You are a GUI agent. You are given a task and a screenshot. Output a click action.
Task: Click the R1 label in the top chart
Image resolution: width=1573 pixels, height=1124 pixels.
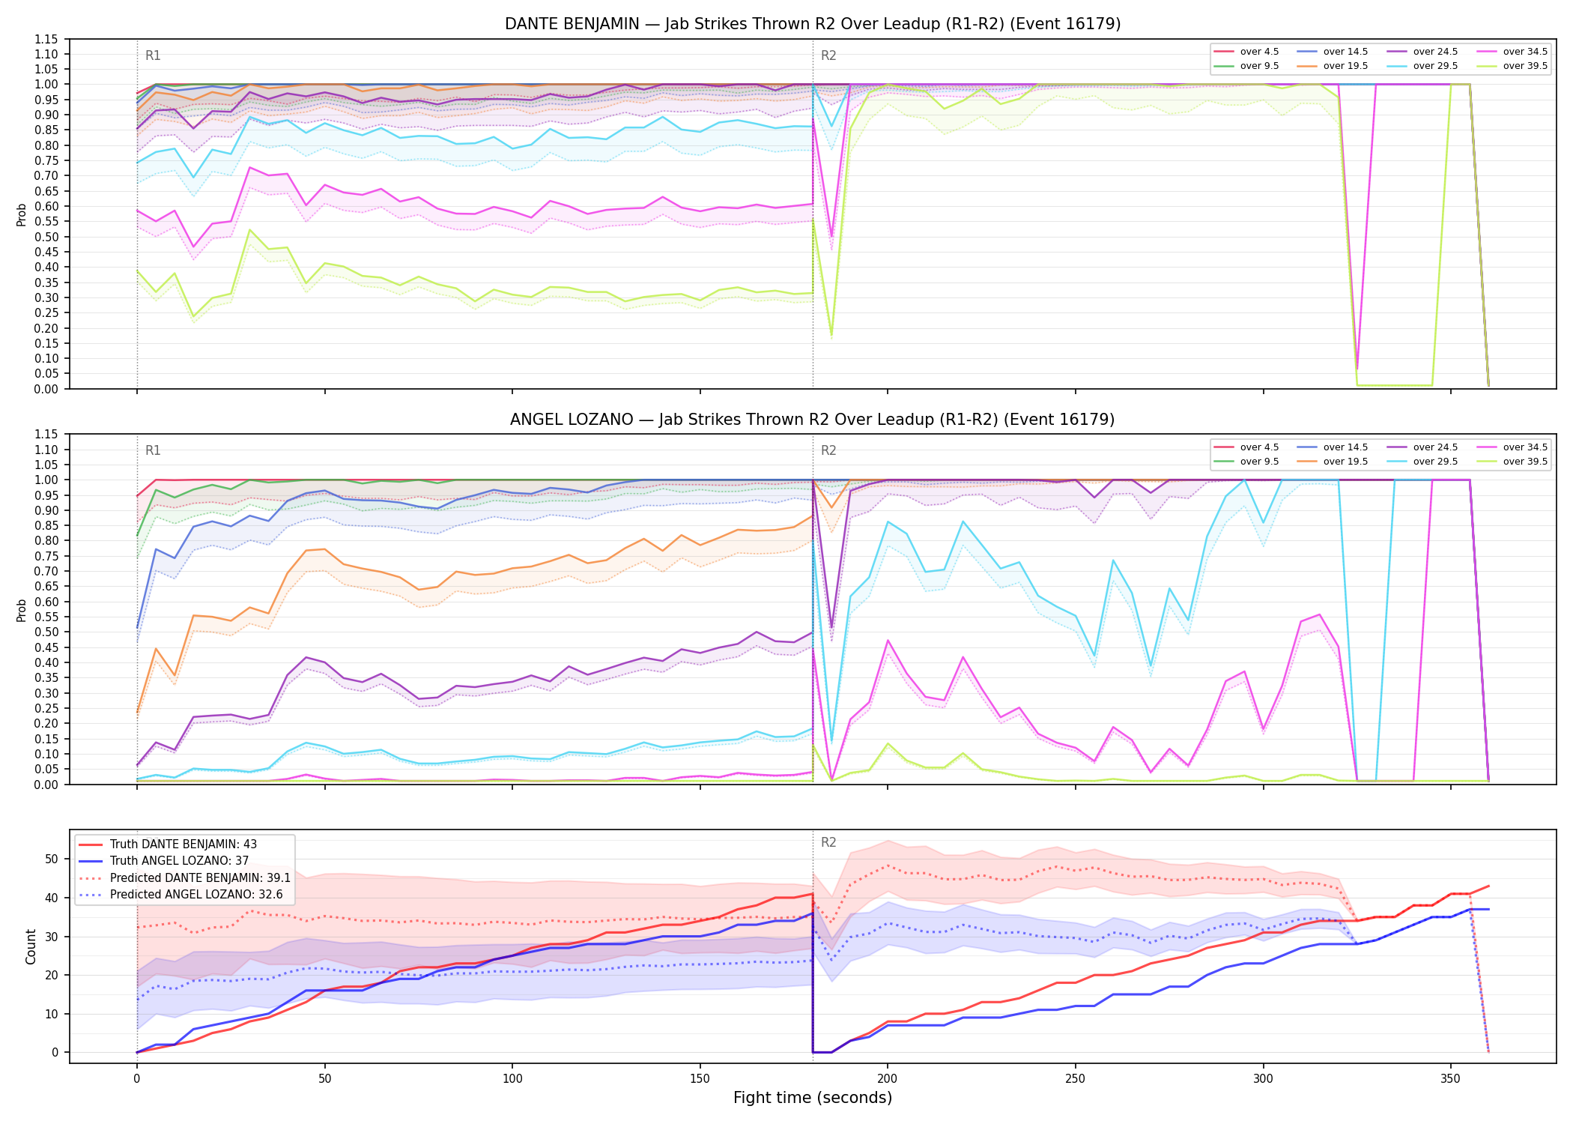coord(153,55)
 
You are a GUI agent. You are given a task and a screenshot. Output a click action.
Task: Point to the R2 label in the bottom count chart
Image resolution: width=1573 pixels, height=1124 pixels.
coord(828,842)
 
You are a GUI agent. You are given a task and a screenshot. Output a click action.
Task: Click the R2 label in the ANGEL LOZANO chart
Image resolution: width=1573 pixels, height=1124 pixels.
coord(828,450)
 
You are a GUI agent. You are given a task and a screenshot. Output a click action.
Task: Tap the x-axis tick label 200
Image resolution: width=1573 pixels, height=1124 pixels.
coord(888,1079)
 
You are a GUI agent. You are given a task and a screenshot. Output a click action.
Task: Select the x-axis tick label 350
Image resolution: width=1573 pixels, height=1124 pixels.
coord(1451,1079)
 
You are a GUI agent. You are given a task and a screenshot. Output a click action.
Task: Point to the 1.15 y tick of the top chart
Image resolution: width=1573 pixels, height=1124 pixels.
coord(46,39)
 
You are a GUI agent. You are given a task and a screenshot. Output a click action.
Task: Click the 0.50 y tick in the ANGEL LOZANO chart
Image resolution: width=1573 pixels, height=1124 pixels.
coord(46,632)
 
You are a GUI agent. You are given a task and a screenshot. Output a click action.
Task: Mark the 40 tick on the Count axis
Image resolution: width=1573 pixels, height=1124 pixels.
coord(52,898)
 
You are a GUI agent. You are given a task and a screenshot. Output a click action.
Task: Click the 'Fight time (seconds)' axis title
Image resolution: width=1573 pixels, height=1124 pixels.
coord(813,1098)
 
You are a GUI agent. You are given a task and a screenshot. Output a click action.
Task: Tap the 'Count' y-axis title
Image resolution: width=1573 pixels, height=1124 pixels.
coord(31,946)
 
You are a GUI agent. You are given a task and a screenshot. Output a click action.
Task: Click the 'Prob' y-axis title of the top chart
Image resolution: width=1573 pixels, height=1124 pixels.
coord(22,214)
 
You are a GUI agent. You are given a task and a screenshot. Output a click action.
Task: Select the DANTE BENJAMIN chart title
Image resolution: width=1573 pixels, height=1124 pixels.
coord(813,24)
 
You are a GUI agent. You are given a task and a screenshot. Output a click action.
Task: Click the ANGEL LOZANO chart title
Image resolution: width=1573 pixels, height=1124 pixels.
coord(813,420)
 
